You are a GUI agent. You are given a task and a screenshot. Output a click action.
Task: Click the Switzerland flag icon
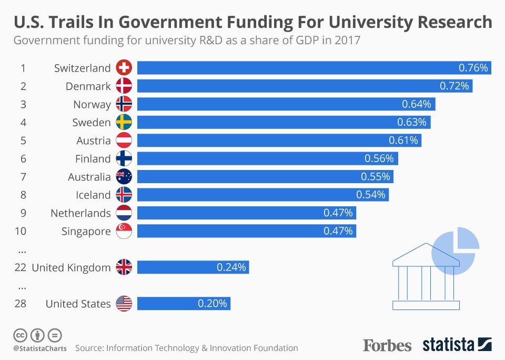tap(124, 68)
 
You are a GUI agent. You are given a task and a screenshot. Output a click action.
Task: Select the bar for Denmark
tap(305, 86)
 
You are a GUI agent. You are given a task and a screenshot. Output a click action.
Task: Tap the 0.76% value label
tap(473, 68)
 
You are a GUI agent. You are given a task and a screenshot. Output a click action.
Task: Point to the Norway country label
tap(92, 104)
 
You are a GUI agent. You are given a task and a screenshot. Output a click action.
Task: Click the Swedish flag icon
tap(124, 123)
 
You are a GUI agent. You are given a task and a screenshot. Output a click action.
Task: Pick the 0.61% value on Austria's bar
tap(403, 141)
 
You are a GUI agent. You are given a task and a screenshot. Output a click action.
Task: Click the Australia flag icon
tap(124, 177)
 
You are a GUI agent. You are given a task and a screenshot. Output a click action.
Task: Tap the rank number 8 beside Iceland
tap(23, 195)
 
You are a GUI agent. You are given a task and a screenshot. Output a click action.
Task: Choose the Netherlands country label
tap(80, 213)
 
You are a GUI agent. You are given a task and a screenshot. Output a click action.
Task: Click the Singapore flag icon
tap(124, 231)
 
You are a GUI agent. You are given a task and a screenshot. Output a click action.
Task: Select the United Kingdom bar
tap(193, 267)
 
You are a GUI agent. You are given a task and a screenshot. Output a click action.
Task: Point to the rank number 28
tap(21, 304)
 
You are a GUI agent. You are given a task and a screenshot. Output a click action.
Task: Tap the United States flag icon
tap(124, 304)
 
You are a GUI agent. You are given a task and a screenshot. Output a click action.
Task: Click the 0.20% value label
tap(213, 304)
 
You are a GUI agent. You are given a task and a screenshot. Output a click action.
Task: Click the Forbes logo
tap(387, 345)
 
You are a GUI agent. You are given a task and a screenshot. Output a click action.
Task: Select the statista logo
tap(457, 345)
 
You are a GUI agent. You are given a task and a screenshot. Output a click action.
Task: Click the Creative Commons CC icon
tap(20, 335)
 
